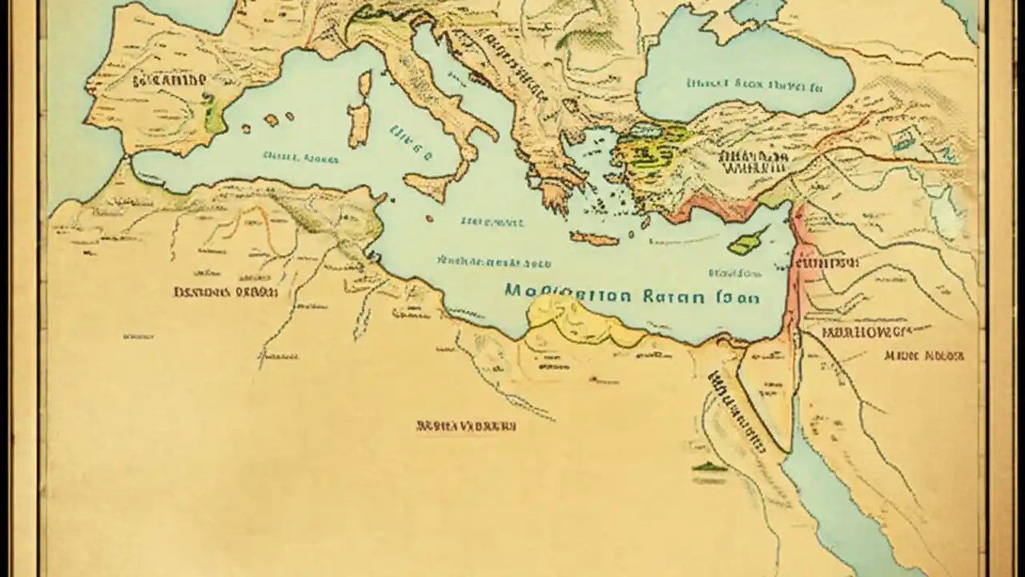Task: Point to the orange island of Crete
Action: pos(594,238)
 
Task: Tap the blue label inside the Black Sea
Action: pos(753,83)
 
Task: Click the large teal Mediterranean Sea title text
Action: pos(633,294)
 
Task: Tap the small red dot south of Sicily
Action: pos(430,218)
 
